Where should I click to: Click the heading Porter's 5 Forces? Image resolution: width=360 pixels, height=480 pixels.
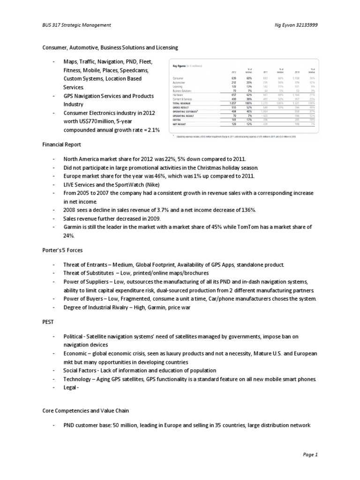pyautogui.click(x=62, y=250)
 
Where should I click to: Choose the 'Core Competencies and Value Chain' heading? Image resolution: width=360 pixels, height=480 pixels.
pyautogui.click(x=83, y=410)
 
